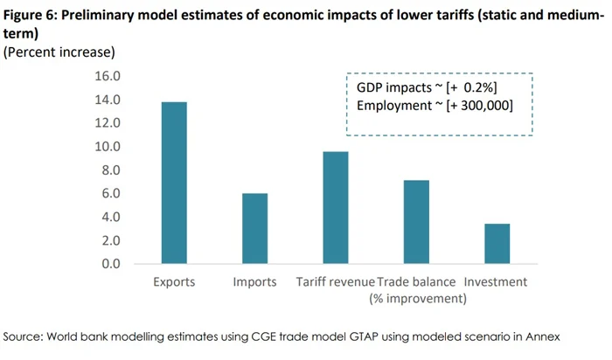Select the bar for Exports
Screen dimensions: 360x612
click(174, 183)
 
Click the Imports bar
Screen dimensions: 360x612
click(254, 228)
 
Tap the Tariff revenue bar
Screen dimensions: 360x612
click(335, 207)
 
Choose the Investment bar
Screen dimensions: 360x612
click(497, 243)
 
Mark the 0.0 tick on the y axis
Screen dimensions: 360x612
click(110, 264)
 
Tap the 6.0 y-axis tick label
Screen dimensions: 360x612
click(110, 194)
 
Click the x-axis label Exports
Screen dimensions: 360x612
click(174, 282)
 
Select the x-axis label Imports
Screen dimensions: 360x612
click(255, 282)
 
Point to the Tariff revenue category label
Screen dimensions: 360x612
click(335, 282)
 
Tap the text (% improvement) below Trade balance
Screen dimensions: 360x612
click(417, 299)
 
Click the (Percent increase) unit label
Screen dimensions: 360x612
click(60, 52)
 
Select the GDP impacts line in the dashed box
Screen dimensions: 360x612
click(427, 88)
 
